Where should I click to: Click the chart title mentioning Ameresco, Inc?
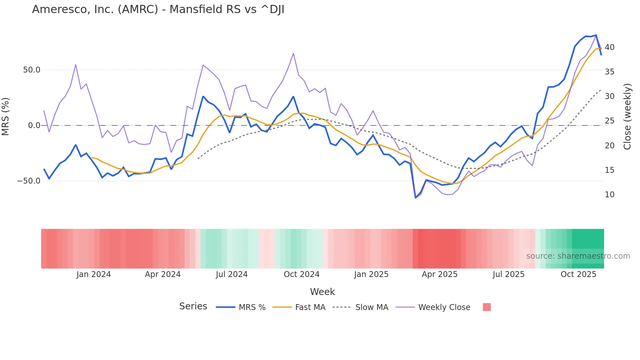pos(158,9)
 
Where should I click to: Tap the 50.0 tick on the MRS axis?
pos(32,70)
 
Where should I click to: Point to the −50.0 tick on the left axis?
pos(29,181)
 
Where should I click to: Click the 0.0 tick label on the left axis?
pos(34,125)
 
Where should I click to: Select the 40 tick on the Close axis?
pos(609,47)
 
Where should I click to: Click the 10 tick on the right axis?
pos(609,195)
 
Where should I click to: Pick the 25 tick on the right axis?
pos(609,121)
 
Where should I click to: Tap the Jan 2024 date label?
pos(94,274)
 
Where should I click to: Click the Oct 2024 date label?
pos(301,274)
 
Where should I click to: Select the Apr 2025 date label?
pos(440,274)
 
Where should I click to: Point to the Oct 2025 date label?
pos(578,274)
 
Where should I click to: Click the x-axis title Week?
pos(322,292)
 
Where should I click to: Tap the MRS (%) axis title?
pos(6,116)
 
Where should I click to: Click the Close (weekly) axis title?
pos(627,117)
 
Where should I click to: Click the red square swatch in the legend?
pos(487,307)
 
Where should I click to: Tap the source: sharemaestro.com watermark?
pos(578,256)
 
